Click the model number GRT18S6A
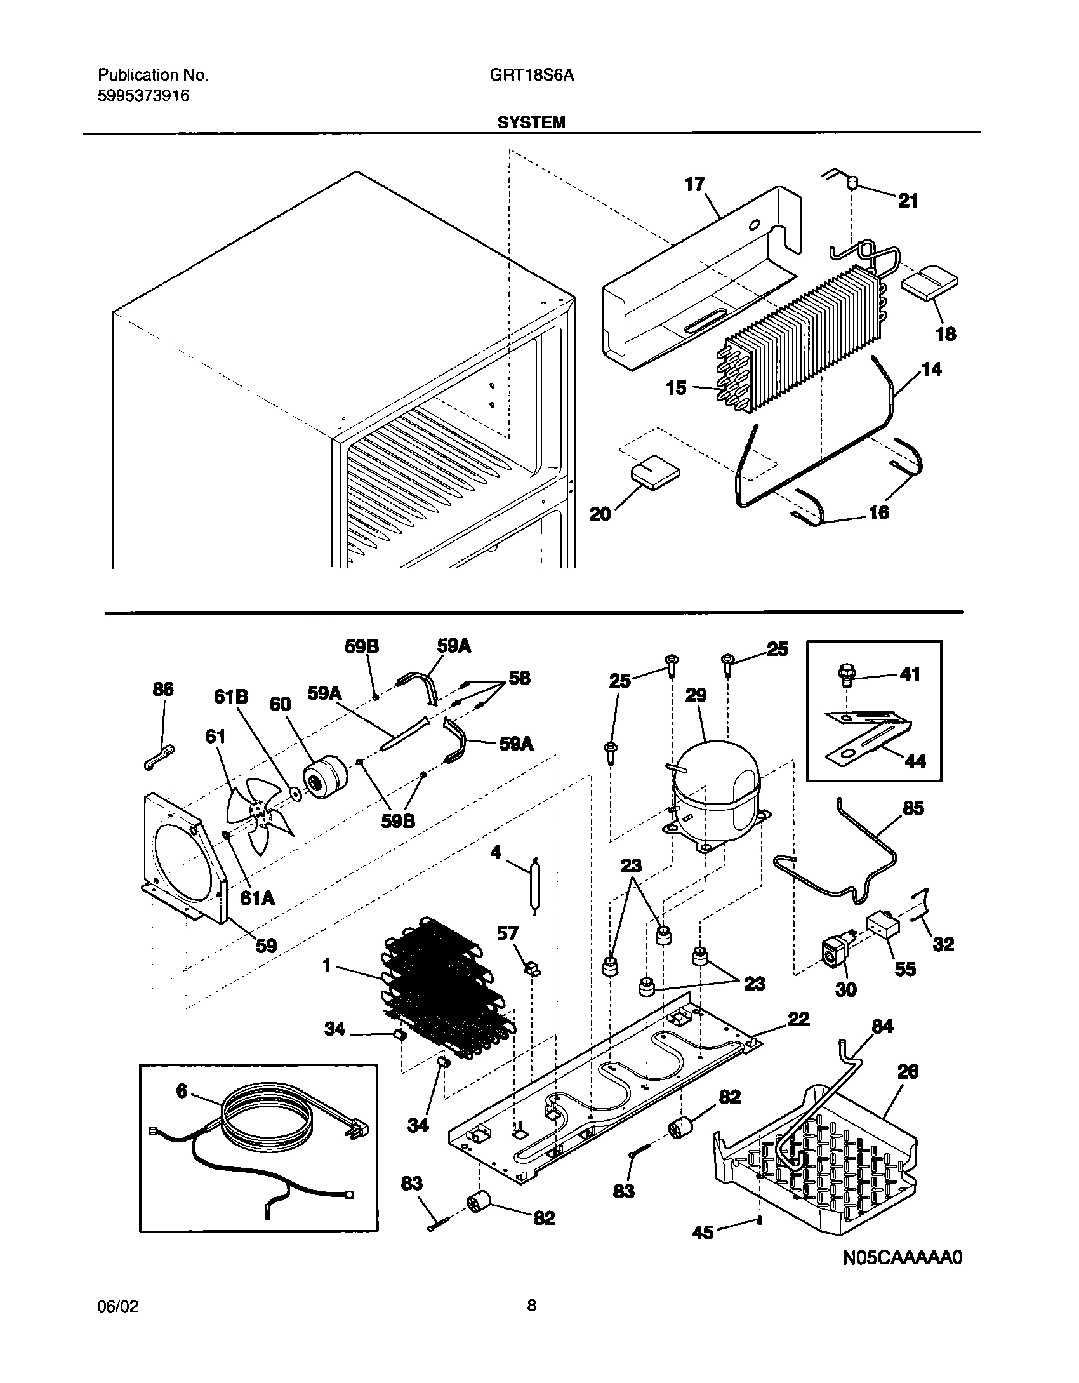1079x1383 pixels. (531, 76)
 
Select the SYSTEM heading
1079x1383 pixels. (531, 123)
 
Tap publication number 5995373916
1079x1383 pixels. (143, 96)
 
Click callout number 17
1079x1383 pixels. (694, 185)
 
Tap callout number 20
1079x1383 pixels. (600, 513)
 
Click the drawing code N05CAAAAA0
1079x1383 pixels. (902, 1276)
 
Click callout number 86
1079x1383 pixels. (163, 689)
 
